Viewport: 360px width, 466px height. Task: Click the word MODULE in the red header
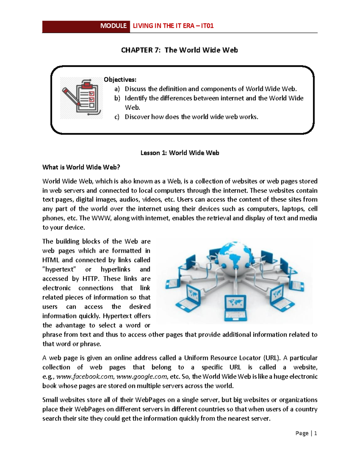(x=113, y=26)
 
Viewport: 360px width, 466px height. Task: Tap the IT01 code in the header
(x=207, y=26)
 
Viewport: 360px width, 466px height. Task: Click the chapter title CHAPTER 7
(x=141, y=50)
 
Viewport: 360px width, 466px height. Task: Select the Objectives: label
(x=120, y=80)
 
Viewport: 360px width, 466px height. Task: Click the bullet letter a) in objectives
(x=117, y=89)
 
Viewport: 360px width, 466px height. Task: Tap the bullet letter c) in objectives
(x=117, y=117)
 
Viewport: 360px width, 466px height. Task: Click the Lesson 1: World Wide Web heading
(x=180, y=153)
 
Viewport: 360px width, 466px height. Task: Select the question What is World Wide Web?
(x=81, y=167)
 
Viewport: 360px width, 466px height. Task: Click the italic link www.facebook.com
(x=85, y=377)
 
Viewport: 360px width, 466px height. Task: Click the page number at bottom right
(x=315, y=433)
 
